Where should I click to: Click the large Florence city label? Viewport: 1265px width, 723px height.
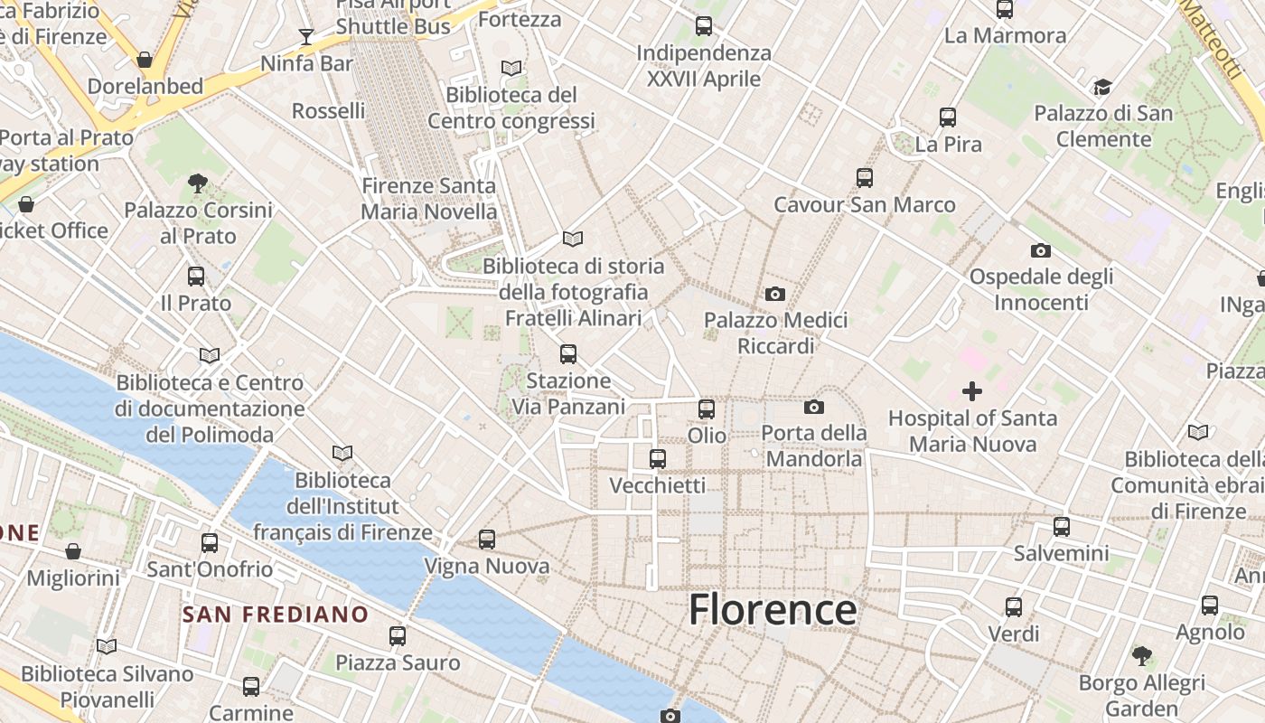point(773,610)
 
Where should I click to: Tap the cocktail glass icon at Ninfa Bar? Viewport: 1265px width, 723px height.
point(306,37)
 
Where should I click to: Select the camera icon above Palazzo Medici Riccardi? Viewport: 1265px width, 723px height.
point(774,294)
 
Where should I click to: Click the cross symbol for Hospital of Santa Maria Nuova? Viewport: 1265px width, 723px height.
point(972,391)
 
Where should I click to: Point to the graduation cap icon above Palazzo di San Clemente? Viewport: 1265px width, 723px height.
point(1102,88)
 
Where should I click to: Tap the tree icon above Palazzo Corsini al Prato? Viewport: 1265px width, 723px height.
point(198,183)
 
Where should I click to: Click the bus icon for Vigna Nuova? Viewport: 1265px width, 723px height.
point(487,540)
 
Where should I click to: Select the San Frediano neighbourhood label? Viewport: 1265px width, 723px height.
point(276,615)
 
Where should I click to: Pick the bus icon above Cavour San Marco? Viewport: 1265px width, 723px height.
point(865,178)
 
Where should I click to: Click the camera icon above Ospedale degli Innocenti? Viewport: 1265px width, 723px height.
point(1040,250)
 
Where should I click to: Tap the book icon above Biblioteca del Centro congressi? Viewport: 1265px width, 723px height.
point(511,68)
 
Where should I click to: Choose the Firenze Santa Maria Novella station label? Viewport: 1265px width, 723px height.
point(429,199)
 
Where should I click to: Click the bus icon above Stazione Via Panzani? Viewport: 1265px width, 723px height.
point(568,354)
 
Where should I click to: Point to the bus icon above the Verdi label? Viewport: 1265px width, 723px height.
point(1014,607)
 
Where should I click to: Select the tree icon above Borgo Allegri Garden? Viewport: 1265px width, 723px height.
point(1142,655)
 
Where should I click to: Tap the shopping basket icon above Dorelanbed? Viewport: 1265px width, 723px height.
point(144,61)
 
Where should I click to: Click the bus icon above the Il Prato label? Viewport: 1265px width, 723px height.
point(196,277)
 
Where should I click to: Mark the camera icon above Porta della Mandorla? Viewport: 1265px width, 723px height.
point(813,408)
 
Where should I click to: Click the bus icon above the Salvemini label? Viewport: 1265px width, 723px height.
point(1062,526)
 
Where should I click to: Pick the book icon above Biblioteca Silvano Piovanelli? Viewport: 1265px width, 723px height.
point(107,646)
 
